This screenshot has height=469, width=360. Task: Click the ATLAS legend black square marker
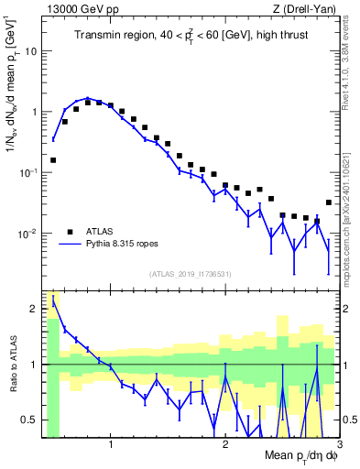(x=70, y=232)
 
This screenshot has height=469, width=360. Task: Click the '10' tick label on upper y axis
(x=31, y=51)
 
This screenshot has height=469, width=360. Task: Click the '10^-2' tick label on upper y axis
(x=27, y=233)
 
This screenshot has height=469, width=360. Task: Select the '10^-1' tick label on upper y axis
(x=27, y=172)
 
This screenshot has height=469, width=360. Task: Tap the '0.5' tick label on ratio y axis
(x=29, y=420)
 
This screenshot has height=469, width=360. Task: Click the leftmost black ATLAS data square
(x=53, y=159)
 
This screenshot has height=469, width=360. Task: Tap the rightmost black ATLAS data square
(x=329, y=202)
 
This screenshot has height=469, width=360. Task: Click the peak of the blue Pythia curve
(x=88, y=98)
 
